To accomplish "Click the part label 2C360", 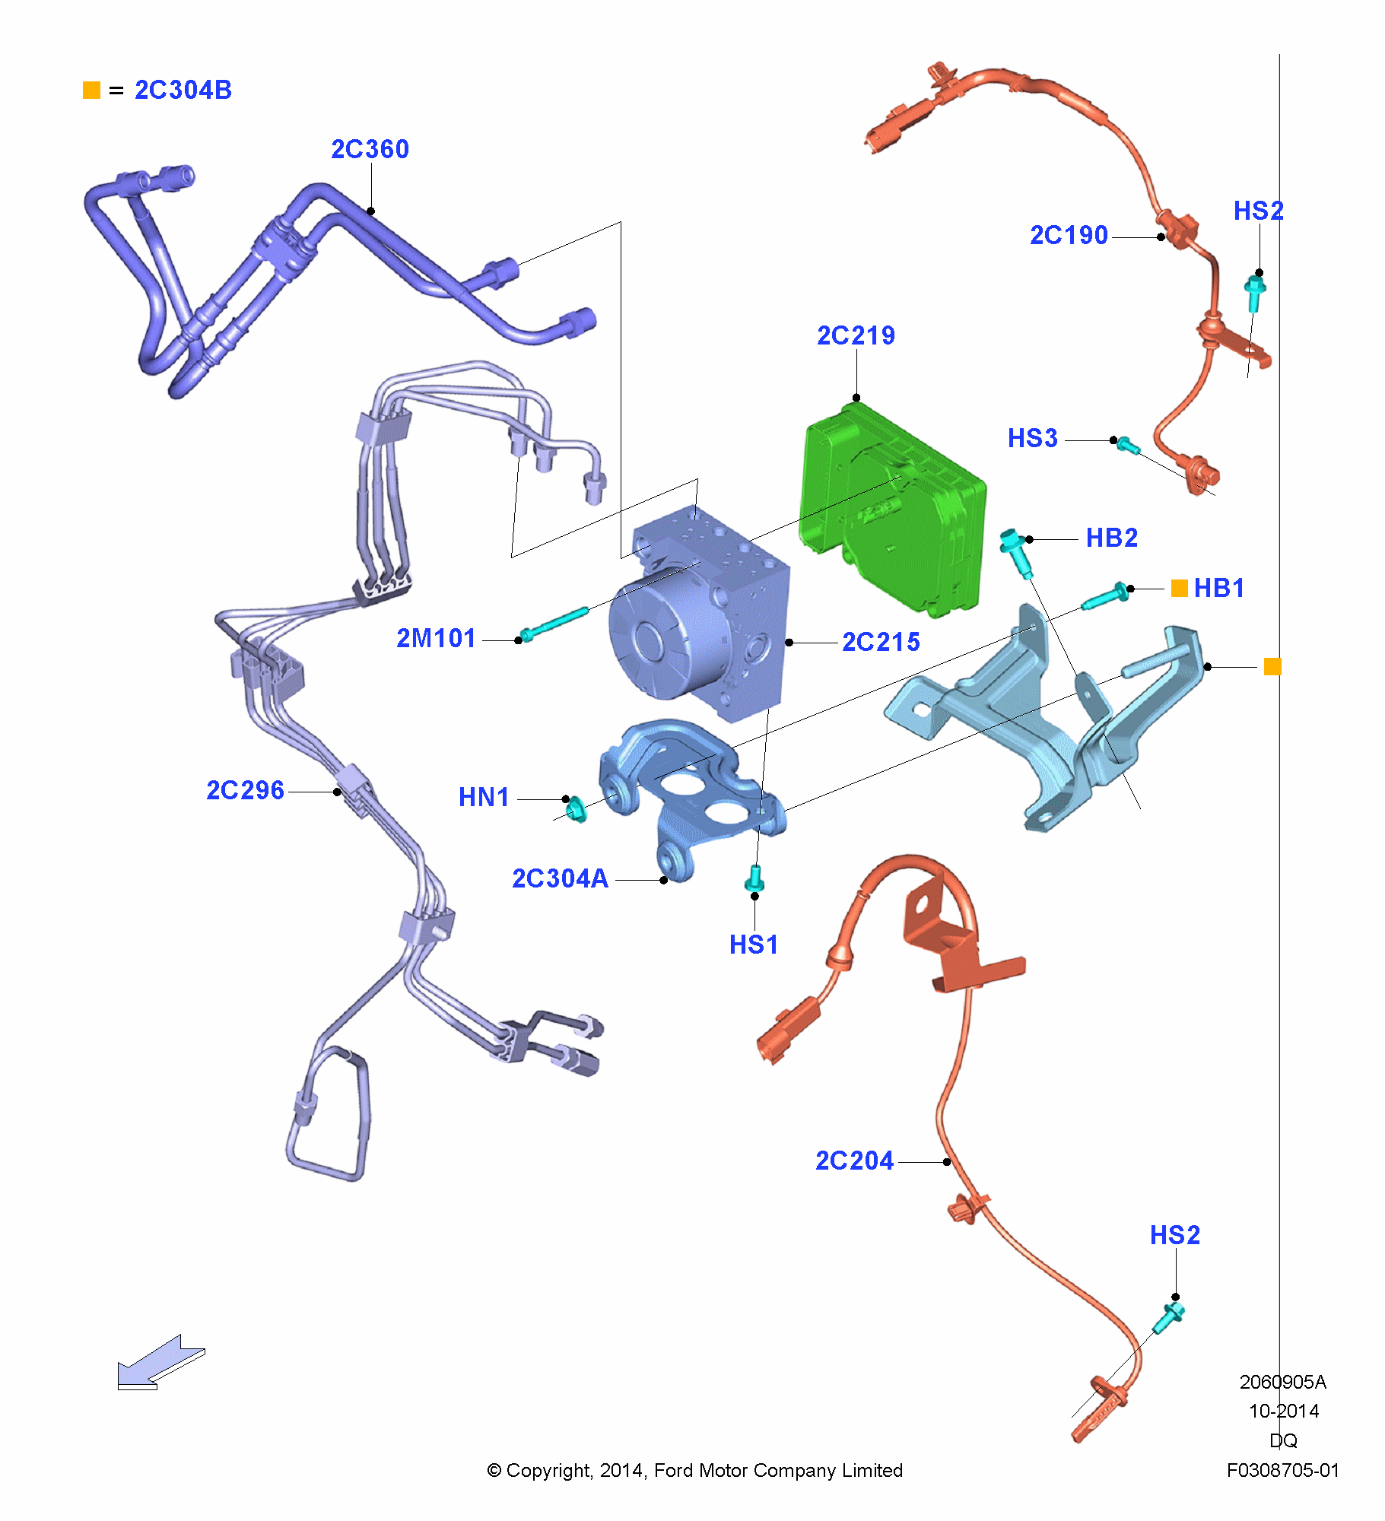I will tap(370, 149).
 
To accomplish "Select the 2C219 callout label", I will tap(856, 335).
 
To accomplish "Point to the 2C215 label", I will tap(881, 642).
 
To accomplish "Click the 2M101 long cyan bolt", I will tap(554, 623).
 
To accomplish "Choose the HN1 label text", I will tap(484, 797).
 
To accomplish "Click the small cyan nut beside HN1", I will tap(577, 809).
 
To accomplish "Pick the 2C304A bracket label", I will tap(560, 878).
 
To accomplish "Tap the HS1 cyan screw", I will tap(755, 878).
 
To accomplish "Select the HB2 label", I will tap(1111, 538).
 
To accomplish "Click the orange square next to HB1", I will tap(1179, 588).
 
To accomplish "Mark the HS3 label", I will tap(1032, 438).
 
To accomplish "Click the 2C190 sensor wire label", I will tap(1069, 236).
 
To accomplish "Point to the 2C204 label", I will tap(854, 1161).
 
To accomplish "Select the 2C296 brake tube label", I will tap(245, 790).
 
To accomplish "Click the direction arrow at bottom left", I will tap(159, 1363).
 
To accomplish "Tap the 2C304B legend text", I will tap(183, 90).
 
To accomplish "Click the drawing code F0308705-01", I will tap(1282, 1470).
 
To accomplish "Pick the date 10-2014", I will tap(1283, 1411).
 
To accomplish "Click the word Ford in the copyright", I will tap(673, 1470).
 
